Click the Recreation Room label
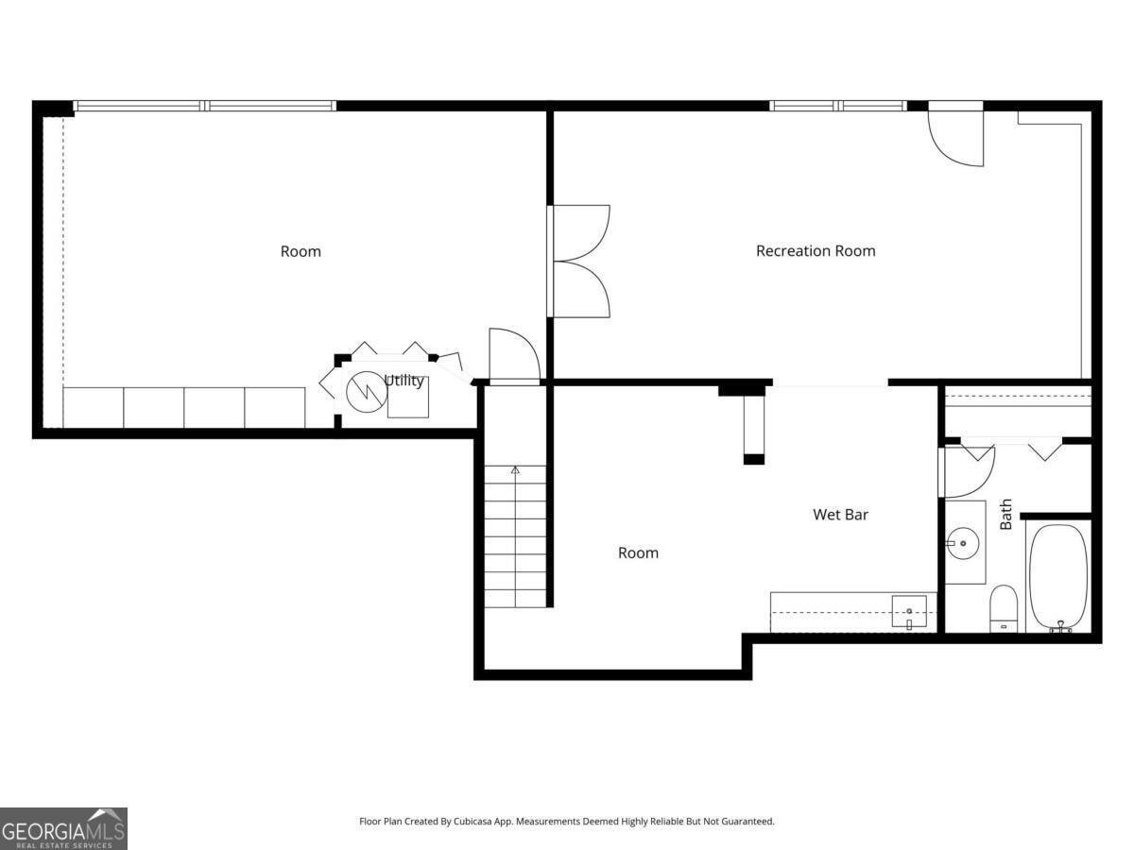(816, 251)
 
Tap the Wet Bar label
(840, 515)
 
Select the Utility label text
(404, 381)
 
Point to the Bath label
(1006, 514)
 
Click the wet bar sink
(909, 612)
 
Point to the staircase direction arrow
(515, 469)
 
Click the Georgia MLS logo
(63, 829)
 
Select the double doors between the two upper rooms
(578, 262)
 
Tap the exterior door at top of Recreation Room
(956, 135)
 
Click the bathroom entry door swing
(969, 472)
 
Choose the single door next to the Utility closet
(513, 356)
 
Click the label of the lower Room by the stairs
(638, 553)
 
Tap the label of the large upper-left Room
(301, 251)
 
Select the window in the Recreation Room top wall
(838, 106)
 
